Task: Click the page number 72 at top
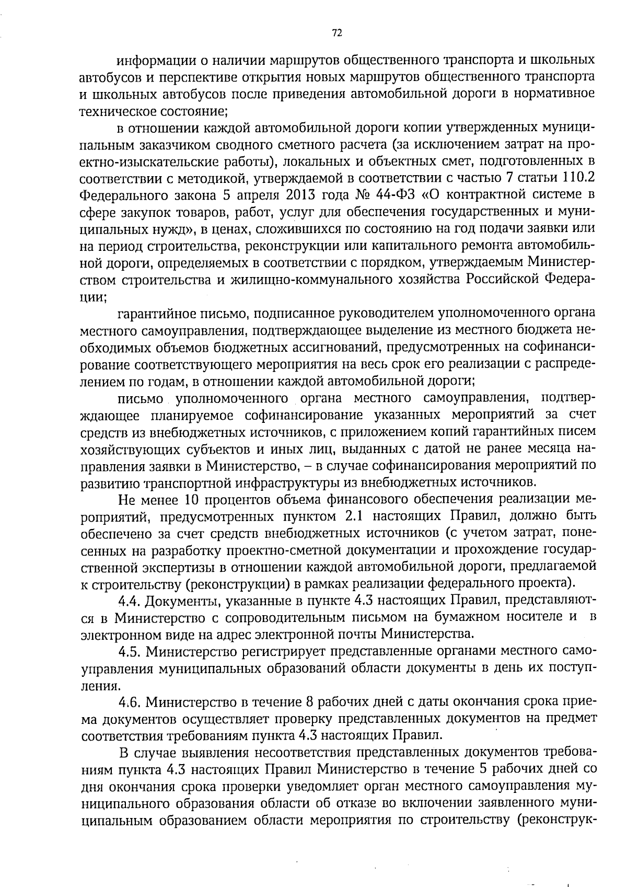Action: click(x=336, y=33)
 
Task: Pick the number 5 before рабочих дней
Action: click(x=481, y=769)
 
